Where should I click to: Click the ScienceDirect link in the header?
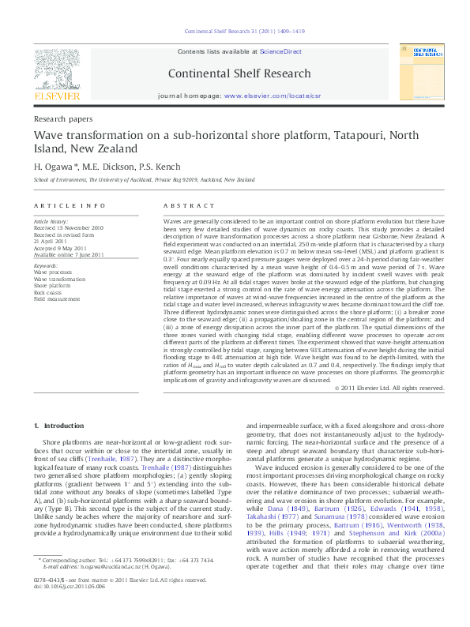pos(282,51)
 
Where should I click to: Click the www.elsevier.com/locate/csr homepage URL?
pos(273,96)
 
